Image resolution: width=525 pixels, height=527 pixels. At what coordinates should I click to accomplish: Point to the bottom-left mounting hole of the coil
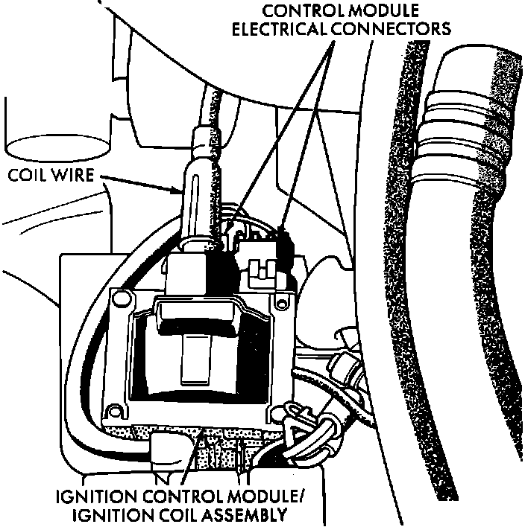point(115,410)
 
